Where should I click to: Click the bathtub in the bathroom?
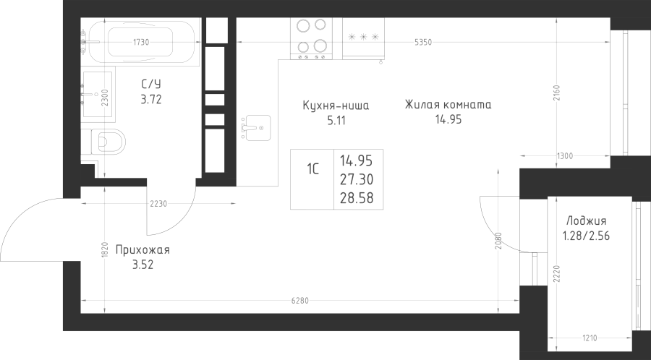[x=141, y=42]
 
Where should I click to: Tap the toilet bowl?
[x=107, y=142]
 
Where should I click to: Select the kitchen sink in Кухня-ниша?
[x=256, y=128]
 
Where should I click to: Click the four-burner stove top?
[x=311, y=38]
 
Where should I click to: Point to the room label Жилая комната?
[x=448, y=105]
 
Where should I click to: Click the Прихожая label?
[x=142, y=251]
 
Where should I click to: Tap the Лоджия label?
[x=586, y=221]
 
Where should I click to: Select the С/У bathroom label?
[x=150, y=85]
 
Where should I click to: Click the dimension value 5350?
[x=423, y=42]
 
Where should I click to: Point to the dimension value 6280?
[x=299, y=301]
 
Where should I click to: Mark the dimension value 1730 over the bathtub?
[x=141, y=42]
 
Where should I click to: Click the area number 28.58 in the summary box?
[x=357, y=198]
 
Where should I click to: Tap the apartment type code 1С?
[x=312, y=169]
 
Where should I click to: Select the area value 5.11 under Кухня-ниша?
[x=336, y=121]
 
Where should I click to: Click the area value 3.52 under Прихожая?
[x=142, y=265]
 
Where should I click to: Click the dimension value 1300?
[x=565, y=156]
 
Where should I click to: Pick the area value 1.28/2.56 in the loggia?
[x=586, y=236]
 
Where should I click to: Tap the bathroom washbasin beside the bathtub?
[x=98, y=94]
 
